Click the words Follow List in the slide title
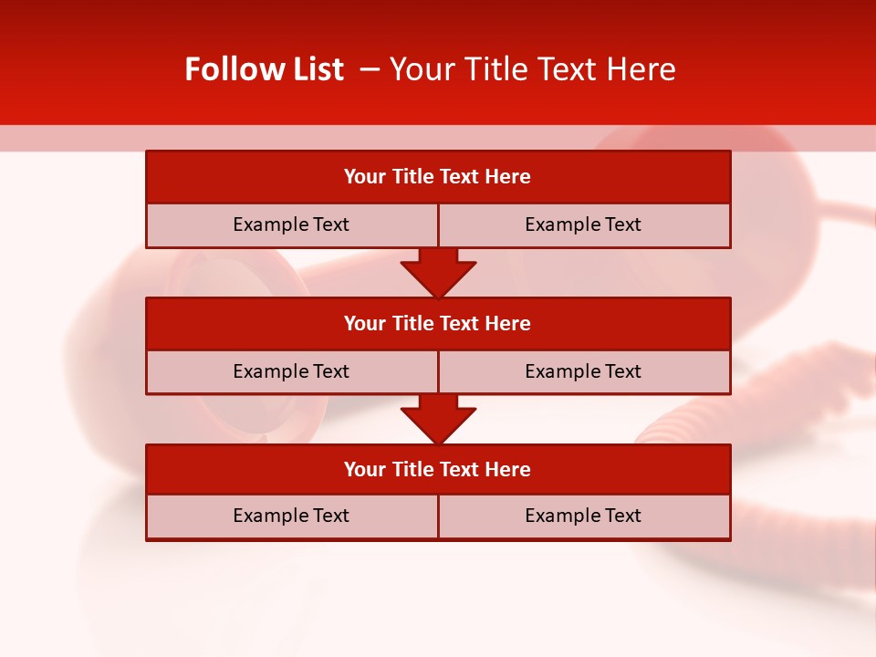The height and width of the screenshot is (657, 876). pyautogui.click(x=264, y=69)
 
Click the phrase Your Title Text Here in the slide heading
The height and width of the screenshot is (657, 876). pyautogui.click(x=532, y=69)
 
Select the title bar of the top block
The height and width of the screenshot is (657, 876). pyautogui.click(x=438, y=177)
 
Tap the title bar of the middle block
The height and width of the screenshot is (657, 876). pyautogui.click(x=438, y=324)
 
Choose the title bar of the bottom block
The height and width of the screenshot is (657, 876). pyautogui.click(x=438, y=470)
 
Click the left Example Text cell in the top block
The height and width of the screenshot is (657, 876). pyautogui.click(x=291, y=224)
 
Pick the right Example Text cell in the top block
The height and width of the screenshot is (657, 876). pyautogui.click(x=583, y=224)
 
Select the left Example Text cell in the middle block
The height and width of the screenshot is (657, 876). pyautogui.click(x=291, y=371)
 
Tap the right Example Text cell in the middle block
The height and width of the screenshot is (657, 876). pyautogui.click(x=583, y=371)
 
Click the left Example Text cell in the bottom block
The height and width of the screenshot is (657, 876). pyautogui.click(x=291, y=516)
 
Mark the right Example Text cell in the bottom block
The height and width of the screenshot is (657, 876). pyautogui.click(x=583, y=516)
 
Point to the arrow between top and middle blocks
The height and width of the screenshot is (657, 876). pyautogui.click(x=438, y=273)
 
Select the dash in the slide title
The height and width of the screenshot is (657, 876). pyautogui.click(x=370, y=69)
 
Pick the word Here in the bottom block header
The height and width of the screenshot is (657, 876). pyautogui.click(x=508, y=470)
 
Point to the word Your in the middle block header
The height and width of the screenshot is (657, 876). pyautogui.click(x=365, y=324)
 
